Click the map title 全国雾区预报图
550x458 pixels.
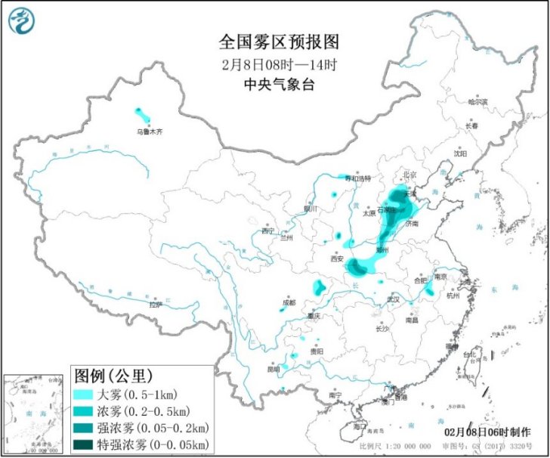coord(274,40)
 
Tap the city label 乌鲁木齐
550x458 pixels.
coord(149,132)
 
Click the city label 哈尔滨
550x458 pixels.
coord(478,101)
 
